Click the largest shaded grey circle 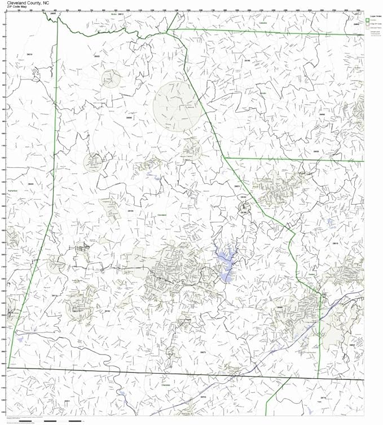coord(177,106)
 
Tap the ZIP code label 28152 coord(107,311)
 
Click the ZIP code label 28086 coord(279,307)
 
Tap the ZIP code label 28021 coord(237,186)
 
